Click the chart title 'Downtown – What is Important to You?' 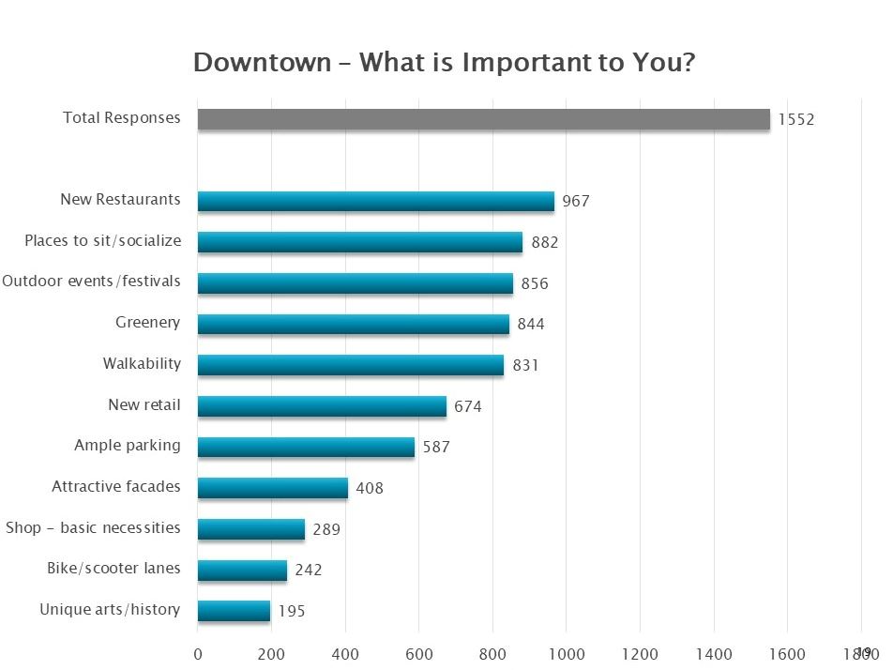444,63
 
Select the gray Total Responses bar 483,119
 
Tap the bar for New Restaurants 375,201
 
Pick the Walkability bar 350,365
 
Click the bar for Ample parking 306,447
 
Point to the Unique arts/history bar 234,611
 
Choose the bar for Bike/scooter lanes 242,570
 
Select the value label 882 544,242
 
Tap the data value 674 468,406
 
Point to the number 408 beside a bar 370,488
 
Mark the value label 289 326,529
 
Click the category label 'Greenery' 147,323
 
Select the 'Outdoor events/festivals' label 91,282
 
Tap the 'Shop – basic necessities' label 93,527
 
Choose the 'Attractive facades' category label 116,487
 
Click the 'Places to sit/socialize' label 103,241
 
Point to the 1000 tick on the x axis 567,653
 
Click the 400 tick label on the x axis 345,653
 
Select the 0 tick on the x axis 198,653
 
